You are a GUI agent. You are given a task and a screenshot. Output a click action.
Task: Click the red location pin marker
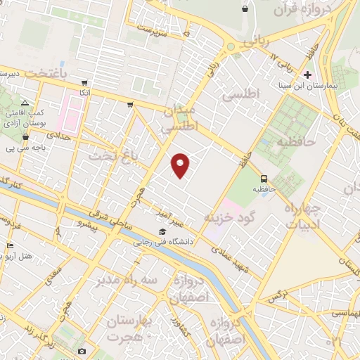coord(181,165)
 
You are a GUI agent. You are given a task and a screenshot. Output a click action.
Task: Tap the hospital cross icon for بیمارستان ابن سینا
coord(307,74)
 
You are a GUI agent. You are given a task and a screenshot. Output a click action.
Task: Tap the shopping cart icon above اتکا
coord(85,82)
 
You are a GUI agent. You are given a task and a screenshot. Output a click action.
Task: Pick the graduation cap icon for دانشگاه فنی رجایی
coord(162,232)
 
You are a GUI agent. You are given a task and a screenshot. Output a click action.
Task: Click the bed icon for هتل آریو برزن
coord(9,245)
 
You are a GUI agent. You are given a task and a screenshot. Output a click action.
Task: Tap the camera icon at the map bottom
coord(82,351)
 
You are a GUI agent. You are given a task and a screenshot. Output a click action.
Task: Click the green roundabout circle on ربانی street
coord(229,48)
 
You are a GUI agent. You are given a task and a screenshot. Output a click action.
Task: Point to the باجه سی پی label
coord(20,148)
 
